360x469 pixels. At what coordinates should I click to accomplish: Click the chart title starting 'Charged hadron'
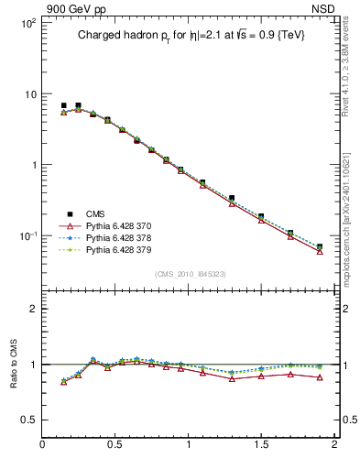190,35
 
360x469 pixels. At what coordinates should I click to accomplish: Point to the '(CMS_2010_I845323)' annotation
190,273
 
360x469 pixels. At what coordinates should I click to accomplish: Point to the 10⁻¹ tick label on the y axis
27,235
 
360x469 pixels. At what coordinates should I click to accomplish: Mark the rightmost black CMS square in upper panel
320,246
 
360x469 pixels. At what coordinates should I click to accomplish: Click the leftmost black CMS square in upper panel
63,105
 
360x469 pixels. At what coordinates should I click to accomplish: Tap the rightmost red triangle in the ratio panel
320,377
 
